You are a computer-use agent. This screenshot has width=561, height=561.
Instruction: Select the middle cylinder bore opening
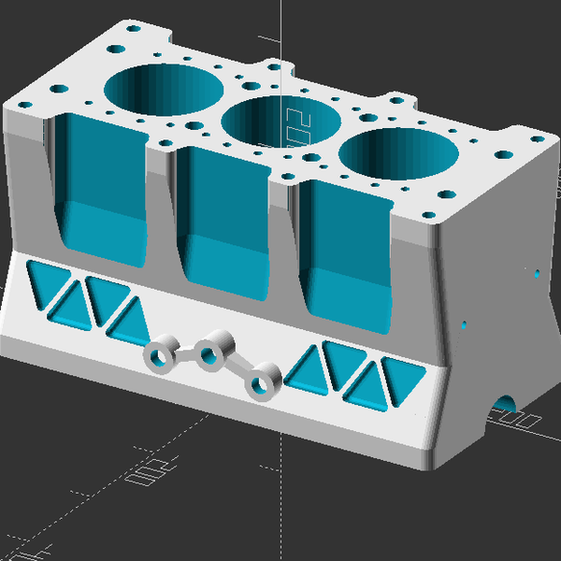(x=280, y=122)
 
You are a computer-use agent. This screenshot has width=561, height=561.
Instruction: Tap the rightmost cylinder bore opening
(x=399, y=154)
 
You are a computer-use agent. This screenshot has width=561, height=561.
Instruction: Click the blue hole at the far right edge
(x=536, y=274)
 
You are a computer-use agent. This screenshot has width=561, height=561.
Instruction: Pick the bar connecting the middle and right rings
(x=237, y=365)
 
